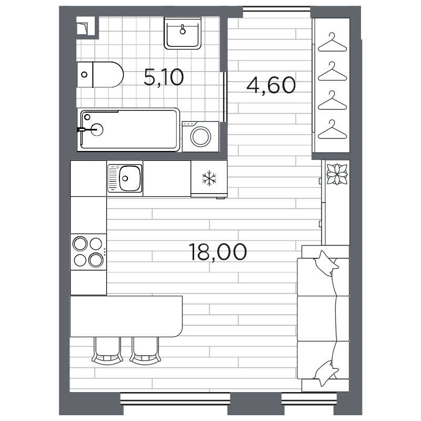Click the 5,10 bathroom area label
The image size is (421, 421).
pyautogui.click(x=164, y=77)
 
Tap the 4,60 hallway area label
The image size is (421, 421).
pyautogui.click(x=271, y=85)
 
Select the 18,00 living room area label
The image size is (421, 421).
pyautogui.click(x=217, y=252)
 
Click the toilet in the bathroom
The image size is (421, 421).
pyautogui.click(x=100, y=75)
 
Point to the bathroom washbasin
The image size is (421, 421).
pyautogui.click(x=183, y=33)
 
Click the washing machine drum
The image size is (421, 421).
pyautogui.click(x=201, y=137)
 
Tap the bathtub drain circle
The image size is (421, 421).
pyautogui.click(x=97, y=129)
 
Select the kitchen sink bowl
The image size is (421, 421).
pyautogui.click(x=130, y=178)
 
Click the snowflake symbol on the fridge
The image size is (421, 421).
pyautogui.click(x=209, y=178)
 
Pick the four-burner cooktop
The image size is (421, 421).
pyautogui.click(x=88, y=252)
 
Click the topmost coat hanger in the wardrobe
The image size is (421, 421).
pyautogui.click(x=333, y=43)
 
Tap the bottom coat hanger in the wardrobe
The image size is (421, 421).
pyautogui.click(x=333, y=129)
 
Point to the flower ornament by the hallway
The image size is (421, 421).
pyautogui.click(x=337, y=174)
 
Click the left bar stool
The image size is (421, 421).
pyautogui.click(x=107, y=351)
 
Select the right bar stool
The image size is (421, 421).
pyautogui.click(x=145, y=351)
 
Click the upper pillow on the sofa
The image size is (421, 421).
pyautogui.click(x=325, y=264)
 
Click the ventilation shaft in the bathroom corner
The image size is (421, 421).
pyautogui.click(x=86, y=26)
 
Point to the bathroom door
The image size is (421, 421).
pyautogui.click(x=225, y=97)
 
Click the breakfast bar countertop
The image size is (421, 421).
pyautogui.click(x=126, y=316)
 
